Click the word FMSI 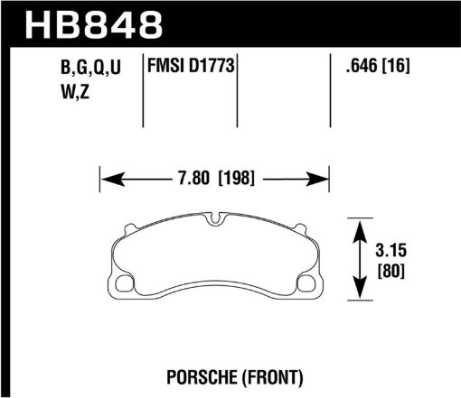tap(165, 66)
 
